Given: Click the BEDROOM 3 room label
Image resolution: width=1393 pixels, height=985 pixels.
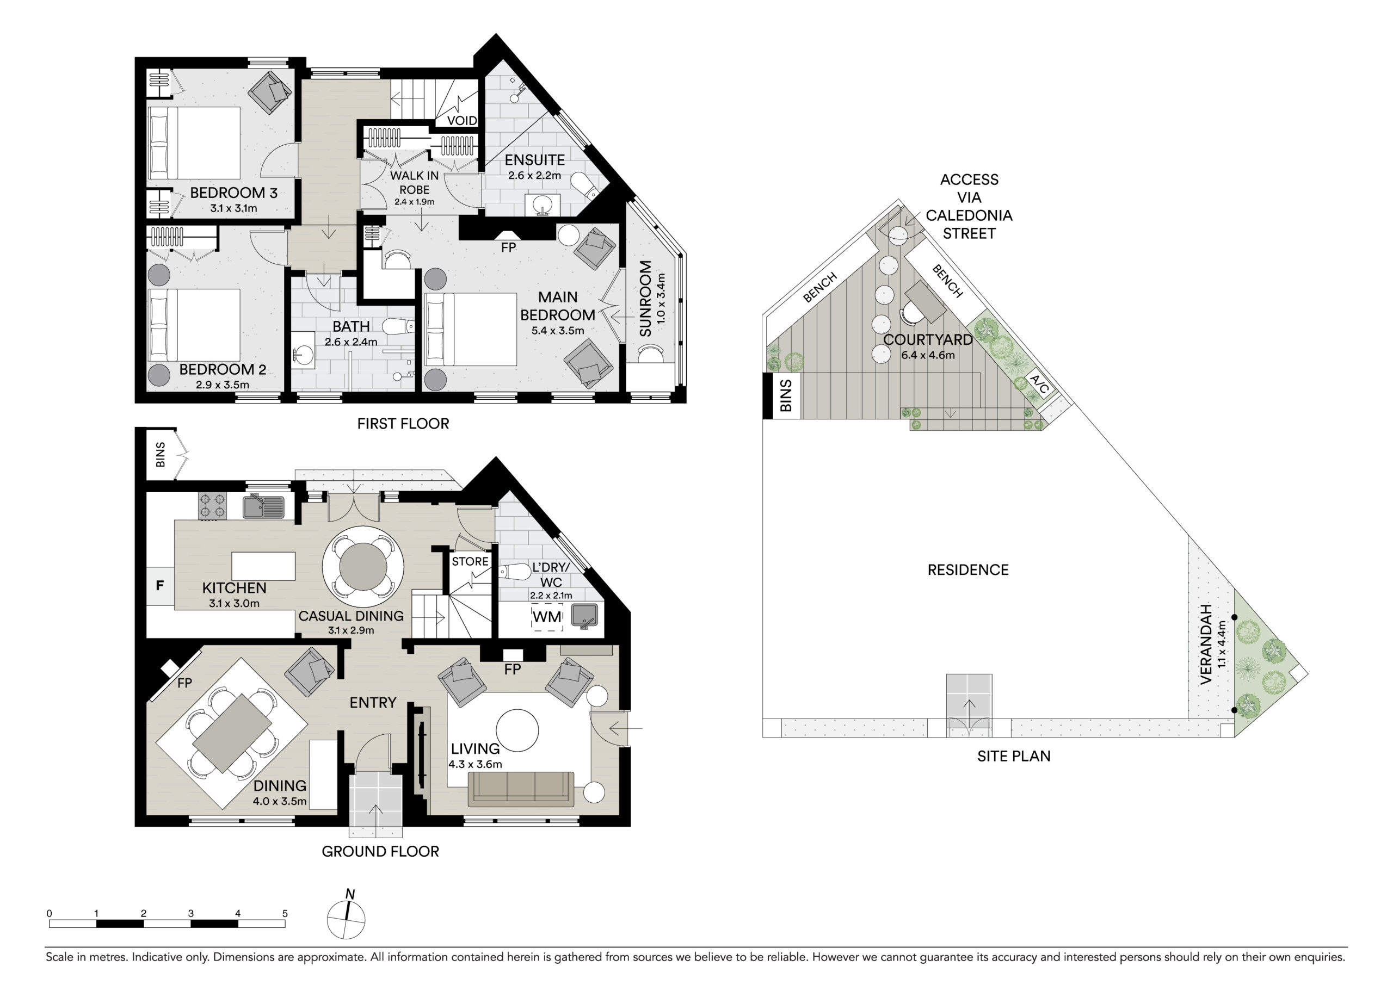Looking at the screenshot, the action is point(233,193).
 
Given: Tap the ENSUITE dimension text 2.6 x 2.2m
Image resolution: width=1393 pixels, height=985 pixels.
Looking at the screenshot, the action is point(534,175).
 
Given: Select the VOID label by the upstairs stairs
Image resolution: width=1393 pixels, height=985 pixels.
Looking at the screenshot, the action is point(462,121).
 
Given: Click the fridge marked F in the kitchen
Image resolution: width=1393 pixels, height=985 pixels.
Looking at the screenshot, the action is point(160,585).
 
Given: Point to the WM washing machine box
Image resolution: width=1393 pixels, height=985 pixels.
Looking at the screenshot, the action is point(547,617).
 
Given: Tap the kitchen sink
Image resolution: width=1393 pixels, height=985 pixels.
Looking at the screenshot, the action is point(264,507).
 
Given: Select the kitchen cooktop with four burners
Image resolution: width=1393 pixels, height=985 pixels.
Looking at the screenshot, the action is point(212,506).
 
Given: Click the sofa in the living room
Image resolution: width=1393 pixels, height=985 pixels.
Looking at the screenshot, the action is point(521,789).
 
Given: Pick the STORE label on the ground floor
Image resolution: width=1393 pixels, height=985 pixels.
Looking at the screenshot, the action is point(470,562).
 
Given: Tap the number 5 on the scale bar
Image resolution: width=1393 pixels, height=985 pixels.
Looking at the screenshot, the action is point(285,913).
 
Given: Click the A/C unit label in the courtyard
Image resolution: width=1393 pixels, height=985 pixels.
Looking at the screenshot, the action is point(1039,384).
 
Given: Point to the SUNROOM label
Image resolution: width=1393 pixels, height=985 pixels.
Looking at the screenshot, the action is point(645,299).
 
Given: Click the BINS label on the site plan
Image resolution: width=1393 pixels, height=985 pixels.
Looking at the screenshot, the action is point(786,395).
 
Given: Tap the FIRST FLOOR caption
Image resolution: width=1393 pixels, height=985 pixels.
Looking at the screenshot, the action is point(403,423).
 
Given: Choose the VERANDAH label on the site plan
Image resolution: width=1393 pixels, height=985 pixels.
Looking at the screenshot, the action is point(1206,644).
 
